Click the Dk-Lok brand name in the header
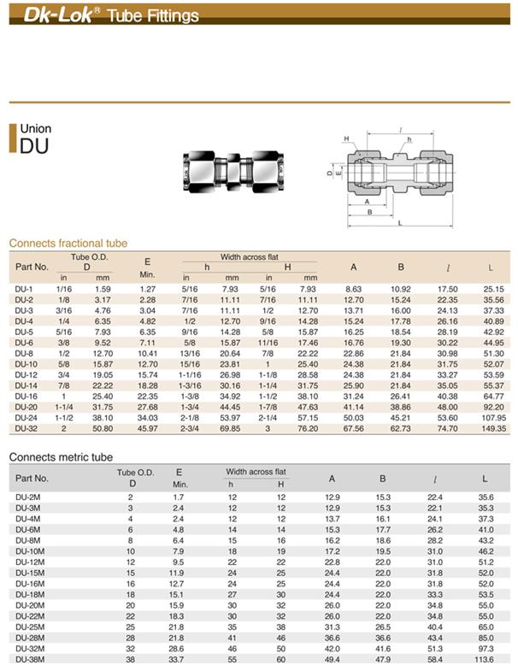click(x=58, y=15)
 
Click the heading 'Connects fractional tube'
click(x=68, y=244)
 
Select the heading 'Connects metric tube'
click(x=61, y=457)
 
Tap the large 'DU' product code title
click(x=34, y=146)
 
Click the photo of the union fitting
click(x=233, y=171)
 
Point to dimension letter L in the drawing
click(x=400, y=223)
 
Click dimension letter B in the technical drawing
click(x=369, y=212)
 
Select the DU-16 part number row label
click(x=26, y=396)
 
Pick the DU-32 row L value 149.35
click(x=494, y=428)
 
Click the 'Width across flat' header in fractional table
click(x=250, y=256)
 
